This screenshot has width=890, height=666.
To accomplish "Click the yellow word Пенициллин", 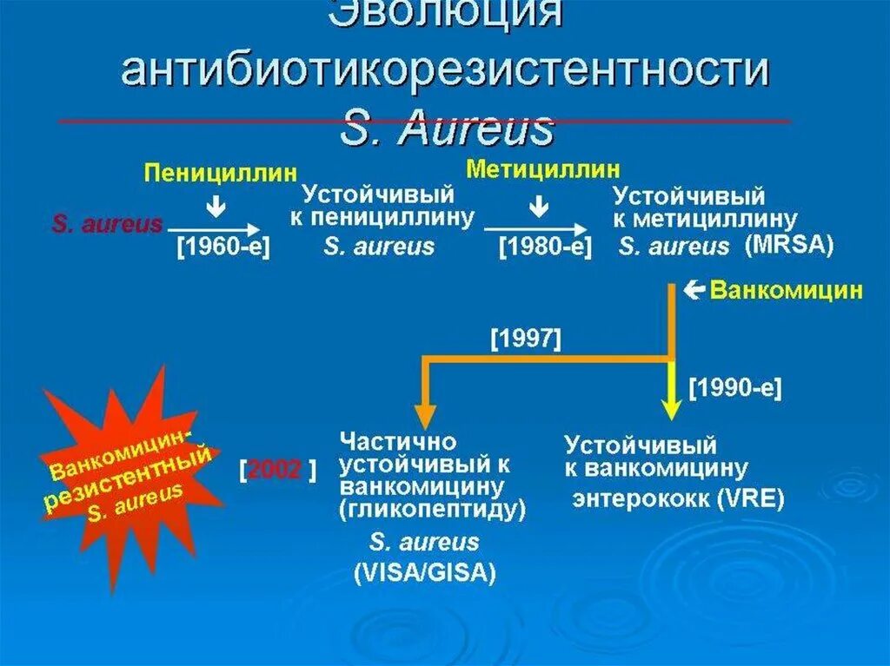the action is (x=220, y=172).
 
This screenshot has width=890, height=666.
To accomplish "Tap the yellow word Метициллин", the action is (x=542, y=167).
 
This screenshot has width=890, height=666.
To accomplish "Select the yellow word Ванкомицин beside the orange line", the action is (x=787, y=290).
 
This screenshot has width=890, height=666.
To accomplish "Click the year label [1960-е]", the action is (x=223, y=247).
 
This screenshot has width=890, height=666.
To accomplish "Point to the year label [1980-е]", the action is (x=545, y=247).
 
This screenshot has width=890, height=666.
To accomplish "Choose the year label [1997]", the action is (x=526, y=339).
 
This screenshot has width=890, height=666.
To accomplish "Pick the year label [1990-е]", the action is (x=735, y=388).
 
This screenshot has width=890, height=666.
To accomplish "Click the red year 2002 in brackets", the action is (x=275, y=470).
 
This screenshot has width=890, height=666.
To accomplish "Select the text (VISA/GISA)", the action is (x=424, y=572).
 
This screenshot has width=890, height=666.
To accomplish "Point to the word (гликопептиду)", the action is (x=434, y=510).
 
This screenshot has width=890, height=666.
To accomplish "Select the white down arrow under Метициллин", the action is (x=539, y=206).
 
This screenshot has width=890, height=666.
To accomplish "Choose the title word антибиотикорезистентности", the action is (x=445, y=72).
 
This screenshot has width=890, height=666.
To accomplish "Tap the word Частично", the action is (x=398, y=440).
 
